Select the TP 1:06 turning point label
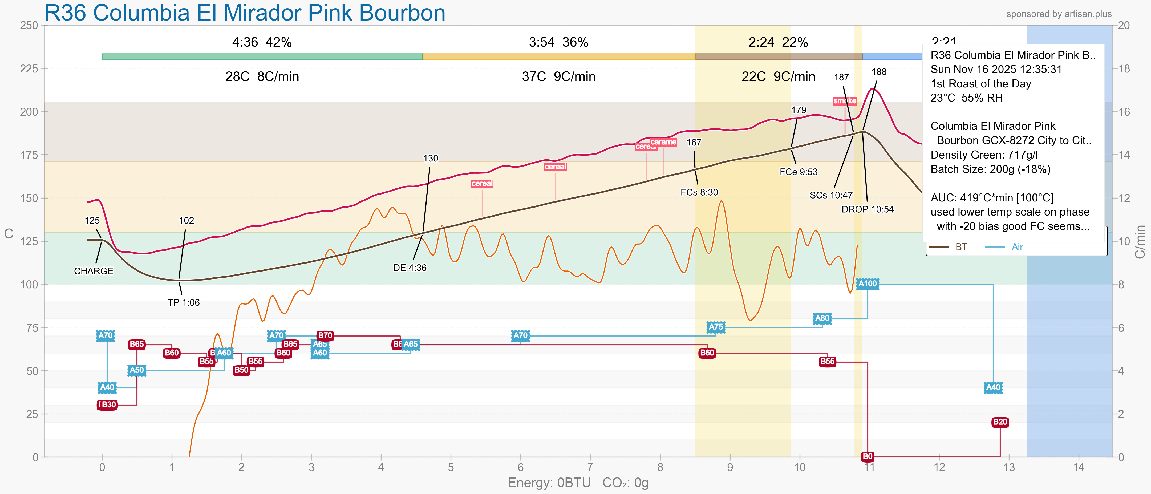point(183,302)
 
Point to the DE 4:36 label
point(410,268)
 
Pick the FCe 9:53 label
point(799,172)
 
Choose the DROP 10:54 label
point(867,209)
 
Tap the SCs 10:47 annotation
point(831,195)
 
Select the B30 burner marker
point(107,405)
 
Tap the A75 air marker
point(715,327)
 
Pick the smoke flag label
point(845,101)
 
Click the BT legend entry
point(961,247)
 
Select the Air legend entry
point(1017,247)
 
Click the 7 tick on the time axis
point(590,467)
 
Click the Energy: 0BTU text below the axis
point(549,483)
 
